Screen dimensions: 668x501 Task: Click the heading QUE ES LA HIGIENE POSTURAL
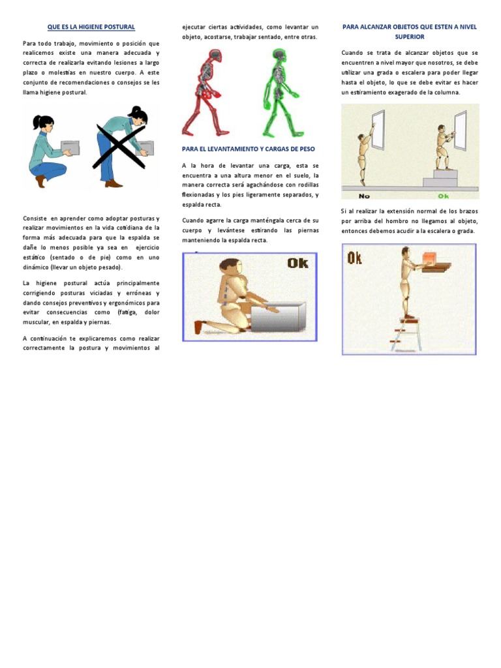tap(91, 27)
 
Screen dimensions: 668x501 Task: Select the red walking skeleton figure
tap(204, 91)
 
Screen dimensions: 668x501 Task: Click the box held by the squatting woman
tap(69, 148)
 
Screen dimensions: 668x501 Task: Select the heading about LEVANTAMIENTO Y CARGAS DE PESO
tap(248, 149)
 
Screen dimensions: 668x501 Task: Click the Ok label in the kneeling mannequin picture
tap(297, 263)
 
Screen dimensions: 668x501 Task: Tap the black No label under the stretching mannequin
tap(364, 195)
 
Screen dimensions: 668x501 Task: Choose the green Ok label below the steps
tap(444, 195)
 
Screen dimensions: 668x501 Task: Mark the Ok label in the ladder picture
tap(355, 258)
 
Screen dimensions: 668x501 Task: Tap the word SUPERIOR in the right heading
tap(409, 37)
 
